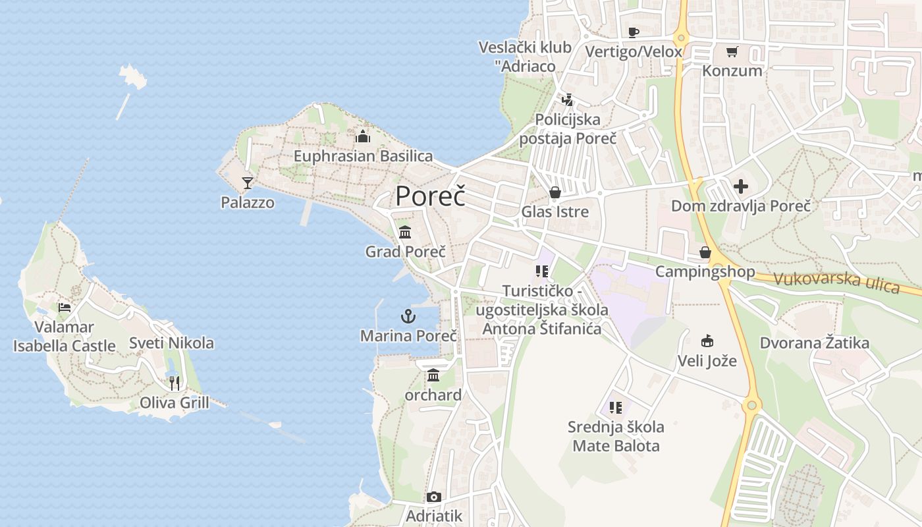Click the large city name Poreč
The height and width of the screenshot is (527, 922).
point(430,196)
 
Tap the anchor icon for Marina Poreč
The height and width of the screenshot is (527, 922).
point(408,316)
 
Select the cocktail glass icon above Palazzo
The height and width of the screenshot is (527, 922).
point(248,182)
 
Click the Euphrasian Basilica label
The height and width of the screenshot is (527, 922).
point(363,156)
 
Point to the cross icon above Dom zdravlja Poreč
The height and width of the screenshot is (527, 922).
point(741,186)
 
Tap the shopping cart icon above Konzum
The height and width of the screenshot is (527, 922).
point(732,51)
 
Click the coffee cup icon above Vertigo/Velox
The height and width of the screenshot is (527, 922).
point(634,32)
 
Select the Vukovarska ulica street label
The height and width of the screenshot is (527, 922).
point(836,283)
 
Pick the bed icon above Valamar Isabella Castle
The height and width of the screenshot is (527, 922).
point(64,307)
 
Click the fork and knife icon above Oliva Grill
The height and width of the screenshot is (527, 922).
point(175,383)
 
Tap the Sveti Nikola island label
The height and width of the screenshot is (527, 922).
point(171,343)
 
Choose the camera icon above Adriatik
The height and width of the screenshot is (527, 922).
point(433,497)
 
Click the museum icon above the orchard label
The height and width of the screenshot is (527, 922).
point(433,375)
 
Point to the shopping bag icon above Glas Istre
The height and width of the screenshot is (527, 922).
point(555,192)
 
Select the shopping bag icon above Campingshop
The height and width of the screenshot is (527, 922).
point(705,252)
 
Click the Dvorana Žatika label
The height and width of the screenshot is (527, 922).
point(814,343)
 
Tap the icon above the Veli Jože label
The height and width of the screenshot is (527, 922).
point(707,341)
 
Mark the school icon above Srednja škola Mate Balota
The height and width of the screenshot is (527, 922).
point(616,408)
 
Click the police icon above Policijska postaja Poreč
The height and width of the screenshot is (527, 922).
point(567,100)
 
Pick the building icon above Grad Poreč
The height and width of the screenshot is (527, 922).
point(405,232)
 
